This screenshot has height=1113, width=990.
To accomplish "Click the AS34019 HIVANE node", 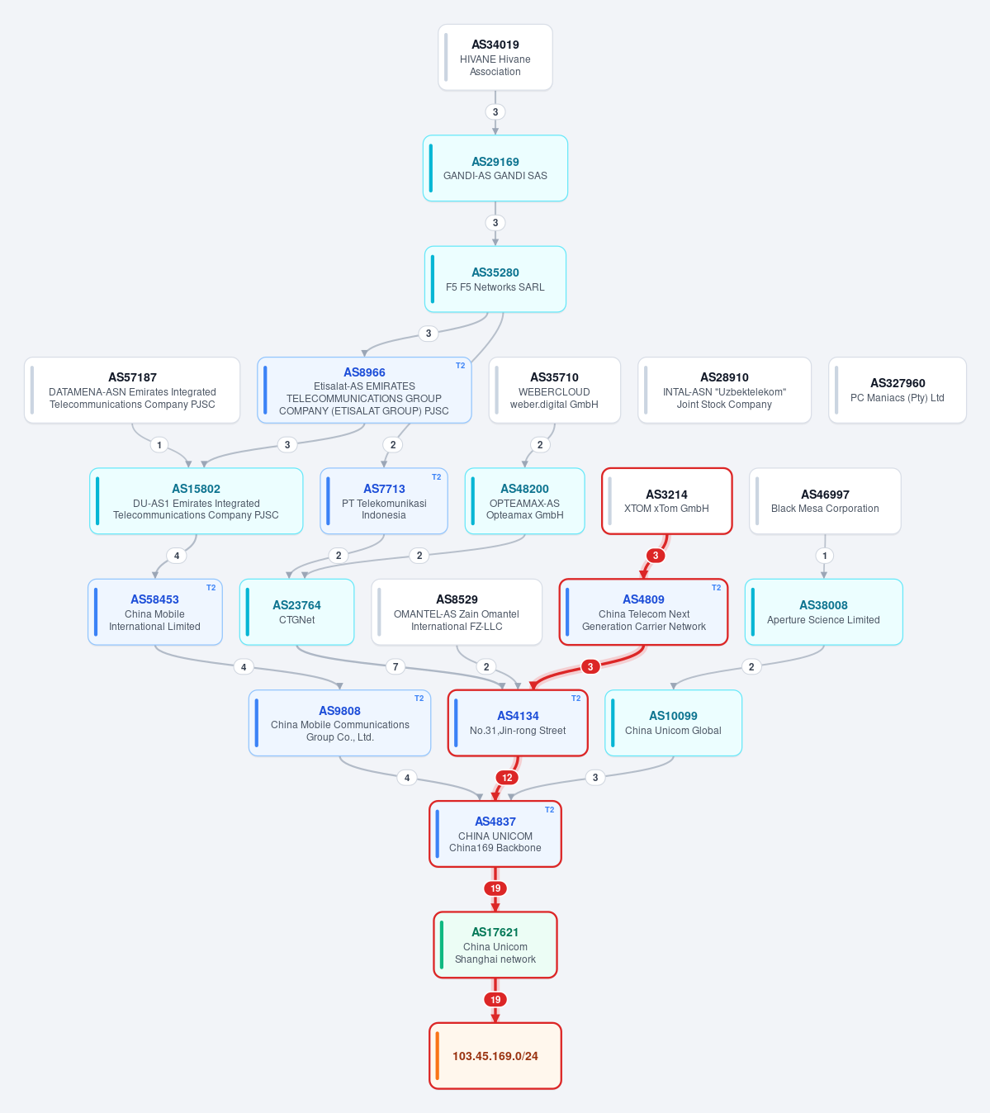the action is click(495, 57).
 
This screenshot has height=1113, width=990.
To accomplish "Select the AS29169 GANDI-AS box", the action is click(495, 168).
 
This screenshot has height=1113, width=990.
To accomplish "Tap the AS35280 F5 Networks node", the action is click(495, 279).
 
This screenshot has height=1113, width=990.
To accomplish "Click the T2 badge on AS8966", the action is click(461, 366).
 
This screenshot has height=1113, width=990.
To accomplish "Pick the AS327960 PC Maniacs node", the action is click(898, 390).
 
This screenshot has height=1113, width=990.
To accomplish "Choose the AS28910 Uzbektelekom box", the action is click(724, 390).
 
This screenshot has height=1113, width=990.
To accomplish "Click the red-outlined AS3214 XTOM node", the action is click(667, 501).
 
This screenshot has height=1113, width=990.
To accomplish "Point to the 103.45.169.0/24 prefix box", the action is click(495, 1056).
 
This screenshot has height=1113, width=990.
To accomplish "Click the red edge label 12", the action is click(507, 778).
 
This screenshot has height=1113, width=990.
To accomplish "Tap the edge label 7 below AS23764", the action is click(396, 667).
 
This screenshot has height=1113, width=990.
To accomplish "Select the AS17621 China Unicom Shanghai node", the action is click(495, 945).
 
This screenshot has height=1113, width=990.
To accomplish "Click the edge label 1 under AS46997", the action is click(825, 556).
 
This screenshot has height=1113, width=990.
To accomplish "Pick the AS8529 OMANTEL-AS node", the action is click(457, 612).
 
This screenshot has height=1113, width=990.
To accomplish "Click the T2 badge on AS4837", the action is click(549, 810).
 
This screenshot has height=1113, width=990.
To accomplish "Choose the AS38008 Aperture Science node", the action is click(823, 612).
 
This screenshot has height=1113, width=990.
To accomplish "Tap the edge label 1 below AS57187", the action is click(159, 445).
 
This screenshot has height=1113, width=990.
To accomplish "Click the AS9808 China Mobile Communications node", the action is click(339, 723).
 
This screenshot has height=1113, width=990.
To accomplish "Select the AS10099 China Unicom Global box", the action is click(673, 723).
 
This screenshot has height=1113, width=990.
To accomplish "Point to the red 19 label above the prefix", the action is click(495, 1000).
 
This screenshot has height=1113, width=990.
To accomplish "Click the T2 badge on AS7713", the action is click(436, 477).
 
